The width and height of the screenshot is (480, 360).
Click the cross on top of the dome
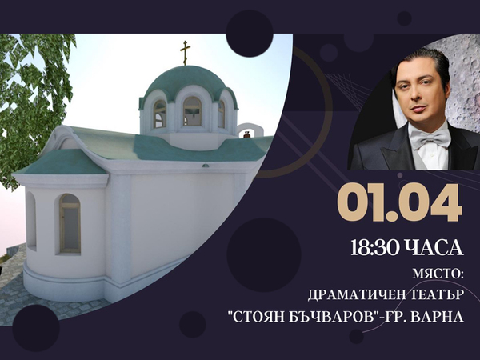[x=186, y=53]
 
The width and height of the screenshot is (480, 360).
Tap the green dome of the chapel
[x=186, y=80]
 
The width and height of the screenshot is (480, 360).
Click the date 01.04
[x=398, y=203]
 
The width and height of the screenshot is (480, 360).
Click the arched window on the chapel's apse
[x=69, y=224]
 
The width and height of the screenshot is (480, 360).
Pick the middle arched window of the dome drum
[x=192, y=112]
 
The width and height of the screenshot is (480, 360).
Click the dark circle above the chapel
[x=249, y=33]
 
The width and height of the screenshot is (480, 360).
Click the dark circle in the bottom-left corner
[x=36, y=328]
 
